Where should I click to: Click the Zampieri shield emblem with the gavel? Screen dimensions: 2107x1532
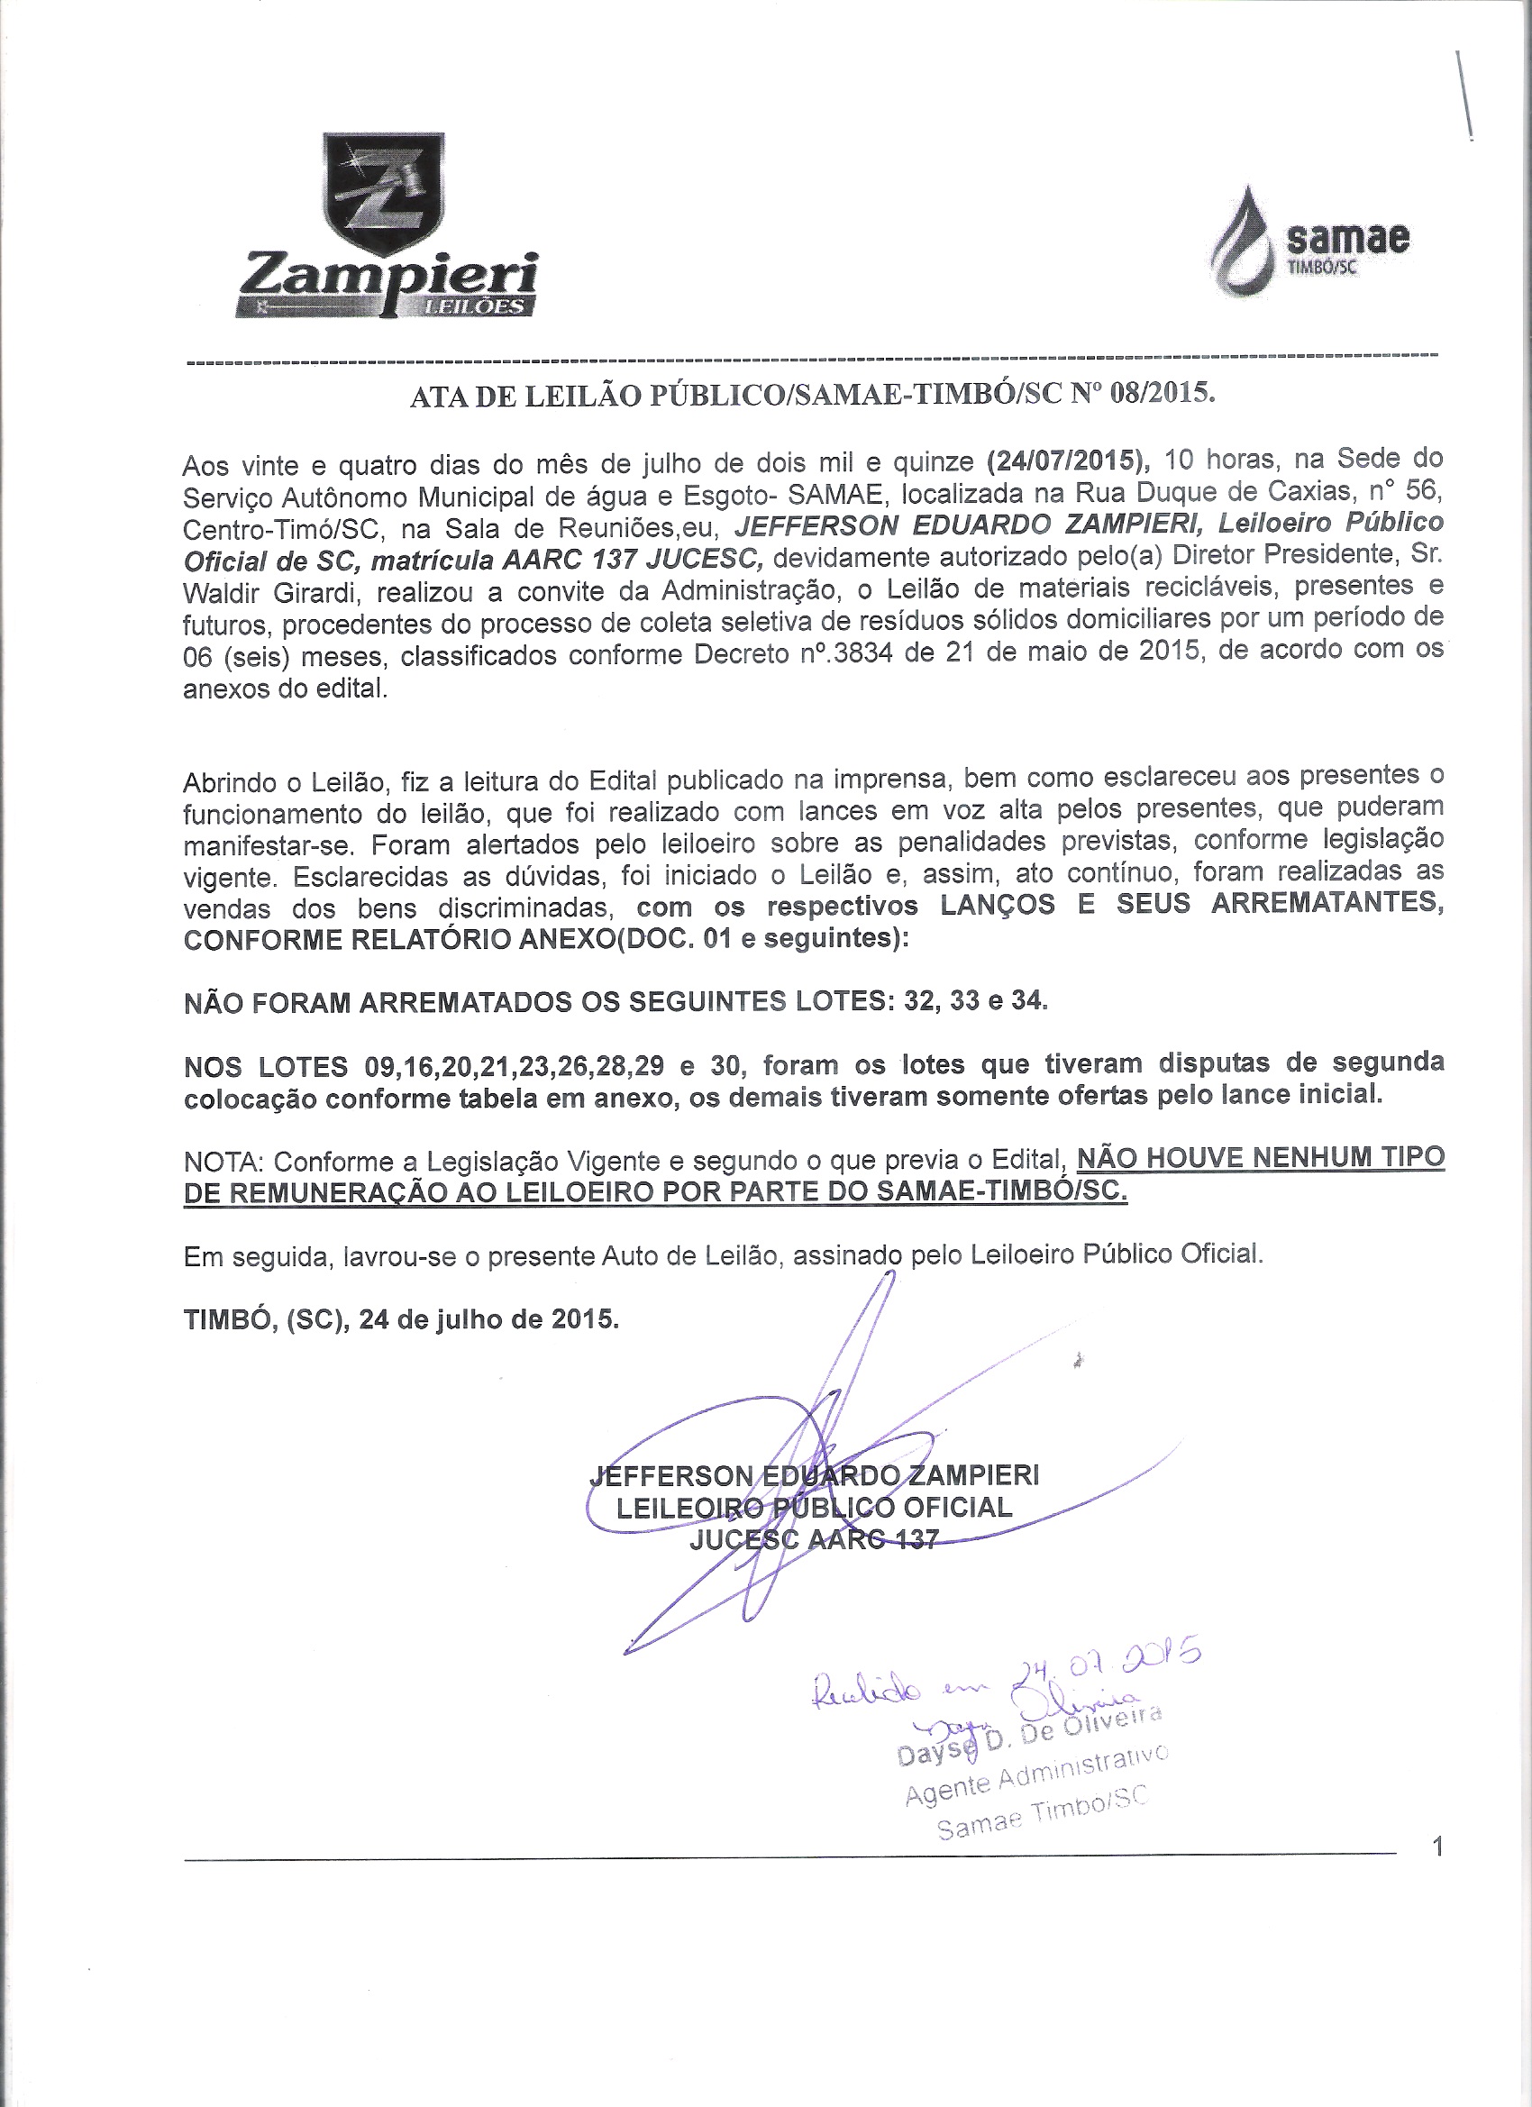pyautogui.click(x=383, y=193)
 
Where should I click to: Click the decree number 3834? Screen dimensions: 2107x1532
pyautogui.click(x=863, y=655)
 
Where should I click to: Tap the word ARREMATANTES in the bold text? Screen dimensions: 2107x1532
pyautogui.click(x=1327, y=904)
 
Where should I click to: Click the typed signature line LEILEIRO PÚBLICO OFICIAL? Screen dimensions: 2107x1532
pyautogui.click(x=814, y=1507)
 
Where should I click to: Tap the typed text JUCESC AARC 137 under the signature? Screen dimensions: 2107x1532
pyautogui.click(x=814, y=1539)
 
